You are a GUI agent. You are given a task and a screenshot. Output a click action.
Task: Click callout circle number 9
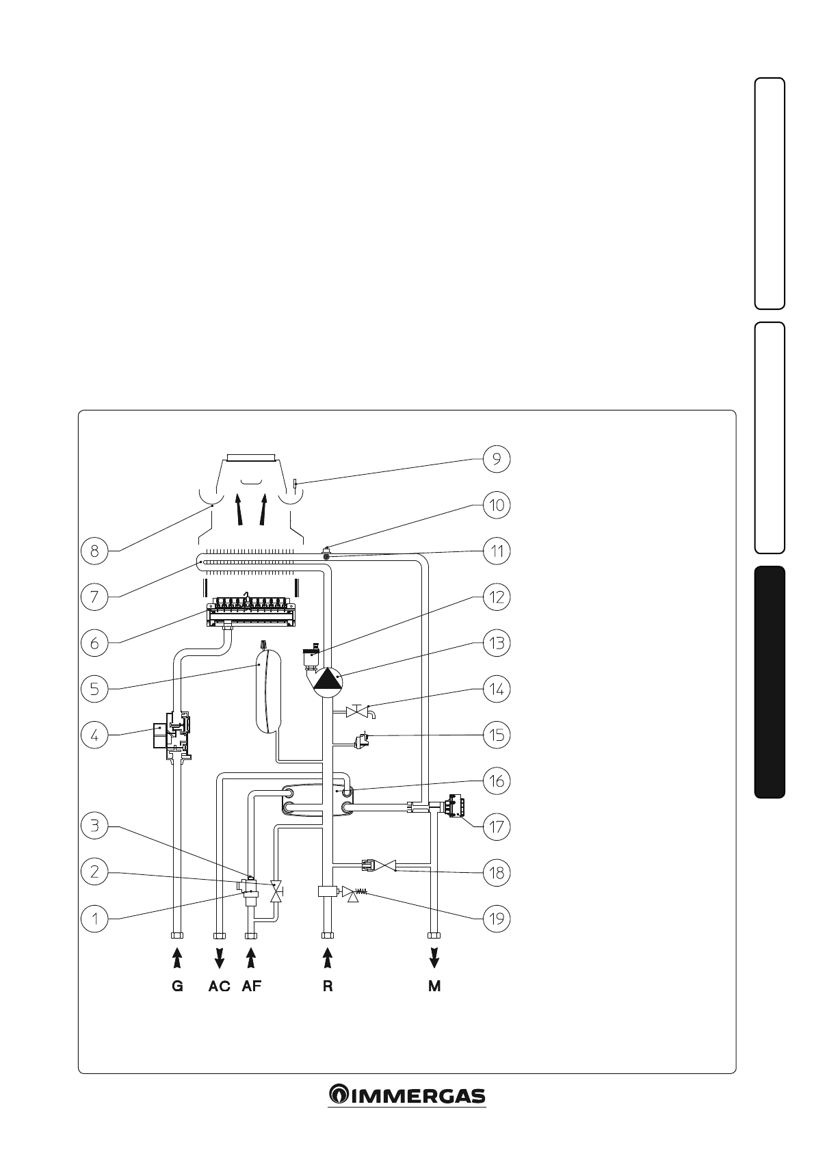coord(496,459)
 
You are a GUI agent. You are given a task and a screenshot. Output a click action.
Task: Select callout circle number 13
coord(496,643)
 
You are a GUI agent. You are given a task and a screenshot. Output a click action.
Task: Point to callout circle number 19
coord(496,918)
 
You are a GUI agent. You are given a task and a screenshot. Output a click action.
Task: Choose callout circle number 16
coord(496,781)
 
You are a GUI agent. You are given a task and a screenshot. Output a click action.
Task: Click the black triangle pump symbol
coord(327,680)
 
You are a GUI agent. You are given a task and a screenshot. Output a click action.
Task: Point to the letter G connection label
coord(177,986)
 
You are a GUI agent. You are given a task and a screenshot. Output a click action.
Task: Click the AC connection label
coord(219,986)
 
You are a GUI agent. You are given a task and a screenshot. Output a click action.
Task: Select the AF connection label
coord(251,986)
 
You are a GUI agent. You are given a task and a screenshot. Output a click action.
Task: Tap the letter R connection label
coord(328,986)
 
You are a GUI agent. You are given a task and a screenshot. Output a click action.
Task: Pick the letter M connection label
coord(434,986)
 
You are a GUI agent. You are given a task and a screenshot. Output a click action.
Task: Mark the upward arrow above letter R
coord(328,958)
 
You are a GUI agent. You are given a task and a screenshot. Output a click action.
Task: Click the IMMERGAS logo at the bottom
coord(407,1095)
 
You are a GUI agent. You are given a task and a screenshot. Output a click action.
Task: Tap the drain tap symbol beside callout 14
coord(359,712)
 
